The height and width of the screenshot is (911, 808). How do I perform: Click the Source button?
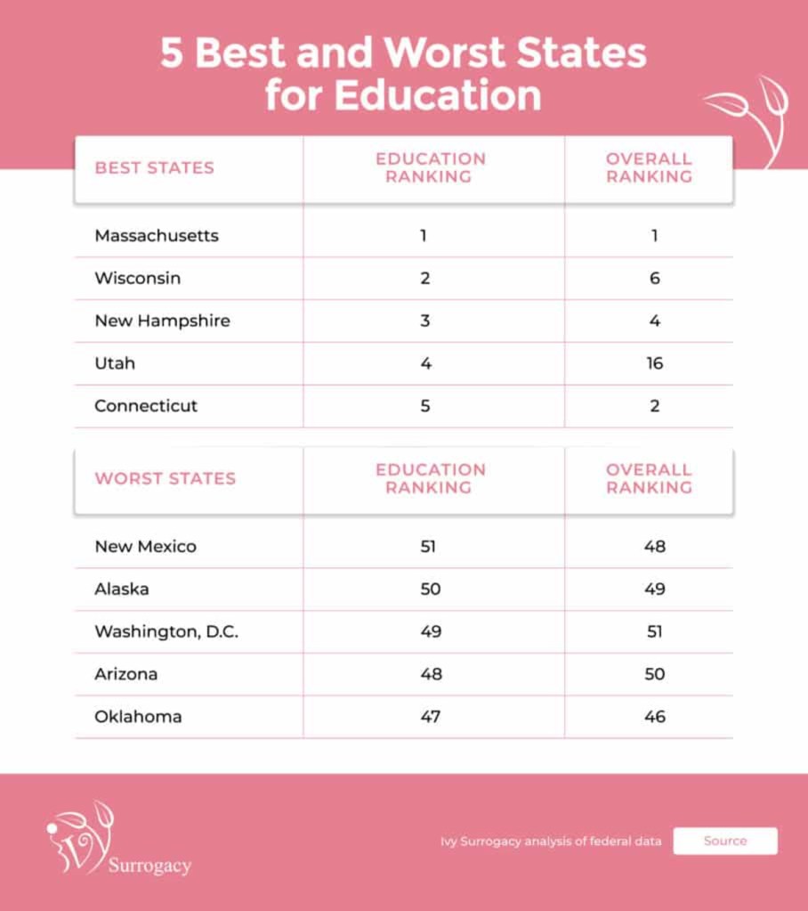pyautogui.click(x=724, y=841)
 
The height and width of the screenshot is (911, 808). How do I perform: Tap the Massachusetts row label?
pyautogui.click(x=157, y=236)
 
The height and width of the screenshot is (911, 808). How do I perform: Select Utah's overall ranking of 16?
pyautogui.click(x=655, y=363)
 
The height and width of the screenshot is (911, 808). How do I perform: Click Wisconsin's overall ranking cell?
pyautogui.click(x=655, y=279)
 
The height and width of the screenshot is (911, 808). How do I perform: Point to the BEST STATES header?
pyautogui.click(x=155, y=168)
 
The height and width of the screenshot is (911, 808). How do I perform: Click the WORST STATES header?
pyautogui.click(x=166, y=479)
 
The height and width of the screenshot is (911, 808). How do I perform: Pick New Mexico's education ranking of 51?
pyautogui.click(x=428, y=547)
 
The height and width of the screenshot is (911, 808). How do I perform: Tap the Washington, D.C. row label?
pyautogui.click(x=166, y=632)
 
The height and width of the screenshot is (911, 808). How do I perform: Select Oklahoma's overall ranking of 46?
pyautogui.click(x=655, y=717)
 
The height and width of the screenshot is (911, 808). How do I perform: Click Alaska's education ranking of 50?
pyautogui.click(x=428, y=590)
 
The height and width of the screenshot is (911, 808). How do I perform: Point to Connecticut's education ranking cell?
pyautogui.click(x=425, y=406)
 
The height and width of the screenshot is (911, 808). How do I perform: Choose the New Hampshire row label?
pyautogui.click(x=162, y=321)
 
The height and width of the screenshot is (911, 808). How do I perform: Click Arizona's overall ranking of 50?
pyautogui.click(x=655, y=674)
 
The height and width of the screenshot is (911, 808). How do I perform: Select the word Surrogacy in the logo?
pyautogui.click(x=149, y=866)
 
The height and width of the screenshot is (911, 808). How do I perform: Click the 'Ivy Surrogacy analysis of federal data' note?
pyautogui.click(x=551, y=842)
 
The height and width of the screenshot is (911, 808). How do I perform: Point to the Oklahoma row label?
pyautogui.click(x=138, y=717)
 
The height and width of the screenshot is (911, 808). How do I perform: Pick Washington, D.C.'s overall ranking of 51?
pyautogui.click(x=655, y=632)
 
